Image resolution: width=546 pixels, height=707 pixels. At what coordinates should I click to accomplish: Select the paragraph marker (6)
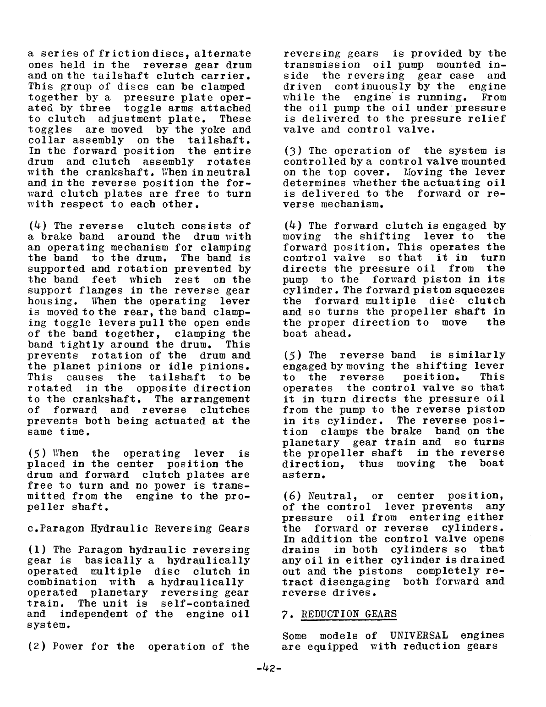[x=292, y=496]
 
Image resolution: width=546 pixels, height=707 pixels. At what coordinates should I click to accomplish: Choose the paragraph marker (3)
[x=292, y=151]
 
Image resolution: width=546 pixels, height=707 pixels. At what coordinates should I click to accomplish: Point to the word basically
[x=113, y=561]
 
